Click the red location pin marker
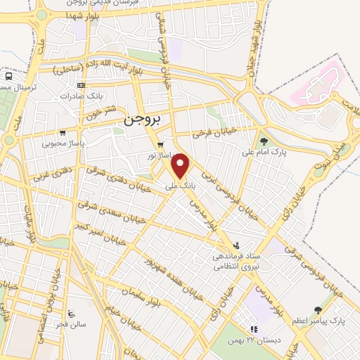(181, 166)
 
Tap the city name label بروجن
(142, 120)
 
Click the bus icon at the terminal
(8, 76)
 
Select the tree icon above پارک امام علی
(264, 141)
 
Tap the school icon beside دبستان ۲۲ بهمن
(254, 329)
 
